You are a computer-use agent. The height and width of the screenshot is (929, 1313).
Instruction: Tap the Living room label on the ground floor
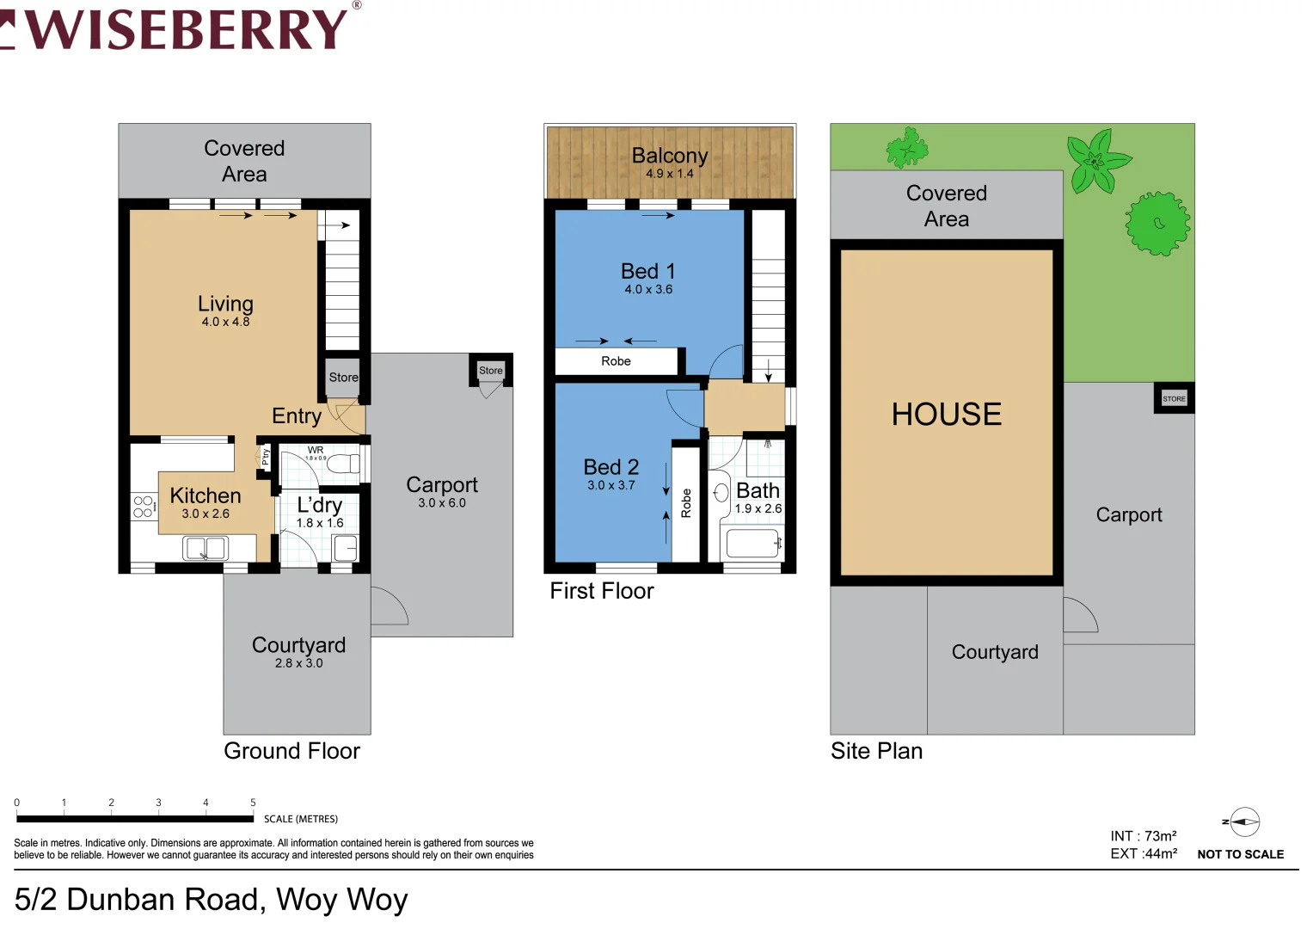pyautogui.click(x=225, y=304)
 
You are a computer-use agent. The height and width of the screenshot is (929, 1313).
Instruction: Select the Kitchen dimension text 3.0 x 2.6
pyautogui.click(x=206, y=514)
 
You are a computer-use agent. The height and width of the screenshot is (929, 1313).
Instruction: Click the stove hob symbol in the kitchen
pyautogui.click(x=143, y=507)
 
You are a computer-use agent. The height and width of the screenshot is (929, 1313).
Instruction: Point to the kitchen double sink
pyautogui.click(x=206, y=548)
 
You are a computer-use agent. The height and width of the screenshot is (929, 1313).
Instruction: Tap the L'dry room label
pyautogui.click(x=320, y=505)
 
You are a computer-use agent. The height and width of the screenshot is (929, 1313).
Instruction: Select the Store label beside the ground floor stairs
pyautogui.click(x=343, y=377)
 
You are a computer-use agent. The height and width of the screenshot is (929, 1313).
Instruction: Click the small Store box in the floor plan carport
pyautogui.click(x=490, y=370)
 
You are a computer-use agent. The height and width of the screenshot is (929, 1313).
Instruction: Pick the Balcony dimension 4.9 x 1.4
pyautogui.click(x=669, y=174)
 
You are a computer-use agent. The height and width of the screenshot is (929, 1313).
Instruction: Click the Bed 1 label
pyautogui.click(x=647, y=271)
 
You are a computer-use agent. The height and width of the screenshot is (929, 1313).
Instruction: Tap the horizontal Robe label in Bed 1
pyautogui.click(x=616, y=361)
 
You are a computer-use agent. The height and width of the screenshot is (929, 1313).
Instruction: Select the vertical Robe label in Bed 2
pyautogui.click(x=686, y=502)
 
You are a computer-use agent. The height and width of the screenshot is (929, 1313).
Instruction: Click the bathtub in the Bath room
pyautogui.click(x=753, y=544)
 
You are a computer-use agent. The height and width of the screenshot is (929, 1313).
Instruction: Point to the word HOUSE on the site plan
pyautogui.click(x=946, y=414)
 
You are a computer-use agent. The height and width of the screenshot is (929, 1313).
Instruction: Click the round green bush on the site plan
pyautogui.click(x=1157, y=224)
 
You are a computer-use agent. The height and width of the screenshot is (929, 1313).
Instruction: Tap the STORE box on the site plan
pyautogui.click(x=1174, y=398)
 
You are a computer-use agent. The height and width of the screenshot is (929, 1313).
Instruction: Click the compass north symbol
pyautogui.click(x=1243, y=822)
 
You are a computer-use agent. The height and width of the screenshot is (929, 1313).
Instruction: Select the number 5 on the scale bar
pyautogui.click(x=253, y=803)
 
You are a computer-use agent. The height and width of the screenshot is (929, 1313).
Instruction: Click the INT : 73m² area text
pyautogui.click(x=1143, y=836)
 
